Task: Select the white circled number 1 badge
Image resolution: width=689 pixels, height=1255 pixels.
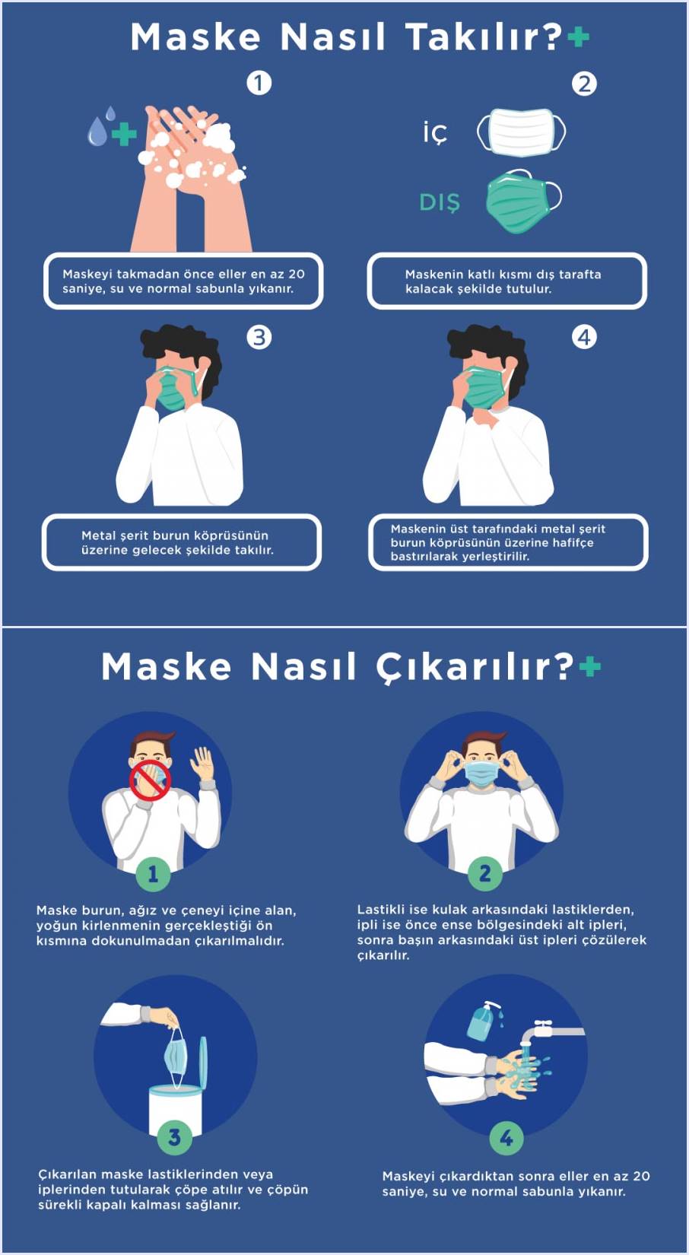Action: [259, 84]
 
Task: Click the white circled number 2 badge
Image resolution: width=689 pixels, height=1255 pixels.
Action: [584, 84]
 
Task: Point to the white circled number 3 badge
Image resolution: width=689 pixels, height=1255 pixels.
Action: [259, 337]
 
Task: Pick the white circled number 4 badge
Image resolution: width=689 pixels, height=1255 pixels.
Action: [584, 337]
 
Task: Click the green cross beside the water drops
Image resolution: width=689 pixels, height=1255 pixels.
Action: [124, 134]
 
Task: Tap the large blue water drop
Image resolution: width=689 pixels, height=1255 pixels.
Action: [97, 132]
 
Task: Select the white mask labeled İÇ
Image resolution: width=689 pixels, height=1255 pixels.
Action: [521, 132]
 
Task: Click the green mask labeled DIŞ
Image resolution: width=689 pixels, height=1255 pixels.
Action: [522, 202]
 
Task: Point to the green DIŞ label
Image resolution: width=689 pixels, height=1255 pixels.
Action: [440, 203]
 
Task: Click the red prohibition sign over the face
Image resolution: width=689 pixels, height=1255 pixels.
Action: [150, 781]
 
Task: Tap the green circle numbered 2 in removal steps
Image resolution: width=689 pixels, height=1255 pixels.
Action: [484, 873]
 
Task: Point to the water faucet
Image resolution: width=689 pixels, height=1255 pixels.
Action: [552, 1033]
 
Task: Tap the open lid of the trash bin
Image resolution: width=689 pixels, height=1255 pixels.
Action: [203, 1063]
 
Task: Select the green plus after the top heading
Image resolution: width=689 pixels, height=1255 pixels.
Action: [579, 37]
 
